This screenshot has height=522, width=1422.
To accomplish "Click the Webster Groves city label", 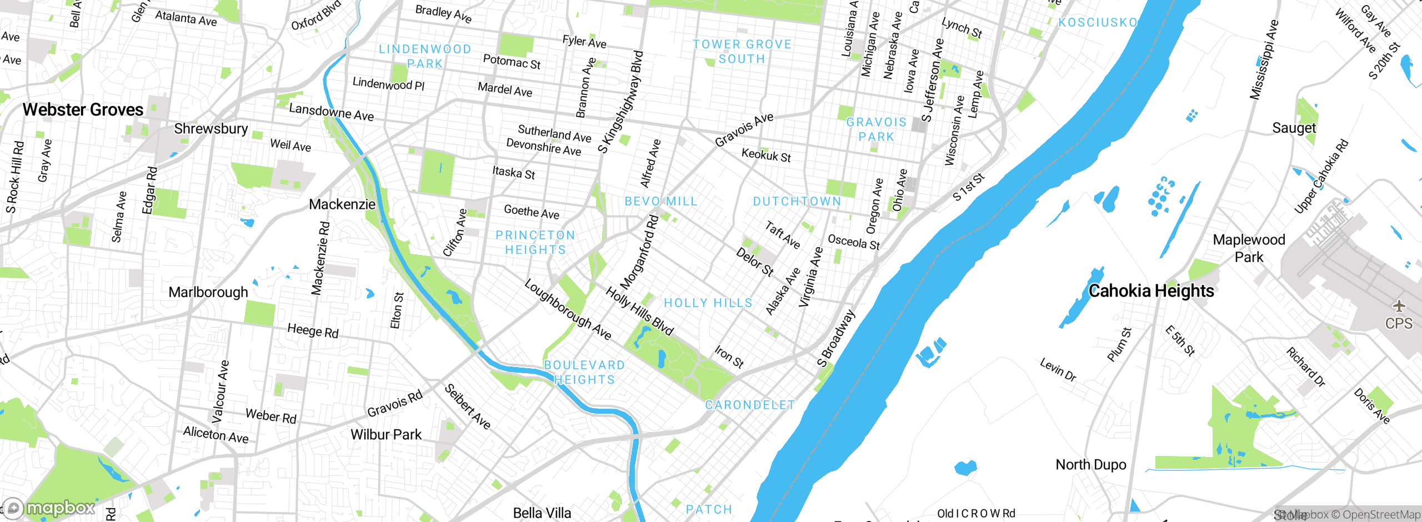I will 83,110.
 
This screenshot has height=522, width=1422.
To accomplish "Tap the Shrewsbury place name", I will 211,129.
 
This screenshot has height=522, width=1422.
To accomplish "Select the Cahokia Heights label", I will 1151,291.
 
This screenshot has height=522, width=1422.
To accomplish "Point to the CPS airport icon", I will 1399,307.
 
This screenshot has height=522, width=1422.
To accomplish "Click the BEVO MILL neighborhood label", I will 661,202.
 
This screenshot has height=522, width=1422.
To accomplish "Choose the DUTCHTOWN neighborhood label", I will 797,202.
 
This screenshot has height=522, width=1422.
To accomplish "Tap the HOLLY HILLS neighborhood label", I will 708,303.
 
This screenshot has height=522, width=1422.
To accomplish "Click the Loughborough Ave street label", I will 568,310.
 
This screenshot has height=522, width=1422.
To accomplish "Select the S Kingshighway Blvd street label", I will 621,102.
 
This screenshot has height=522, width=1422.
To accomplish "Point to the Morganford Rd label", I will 639,253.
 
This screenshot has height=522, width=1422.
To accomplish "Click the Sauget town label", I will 1294,128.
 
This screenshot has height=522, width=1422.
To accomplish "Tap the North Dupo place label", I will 1090,465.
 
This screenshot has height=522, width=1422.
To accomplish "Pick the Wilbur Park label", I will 386,435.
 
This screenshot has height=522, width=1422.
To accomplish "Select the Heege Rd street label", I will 313,331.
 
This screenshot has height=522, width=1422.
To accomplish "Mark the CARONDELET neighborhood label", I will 750,405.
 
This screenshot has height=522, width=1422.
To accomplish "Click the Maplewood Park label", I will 1249,248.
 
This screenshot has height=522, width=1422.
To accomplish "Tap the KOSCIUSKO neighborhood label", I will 1098,23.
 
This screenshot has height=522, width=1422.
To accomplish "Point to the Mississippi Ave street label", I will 1264,60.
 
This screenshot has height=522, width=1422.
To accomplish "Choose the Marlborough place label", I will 208,293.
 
